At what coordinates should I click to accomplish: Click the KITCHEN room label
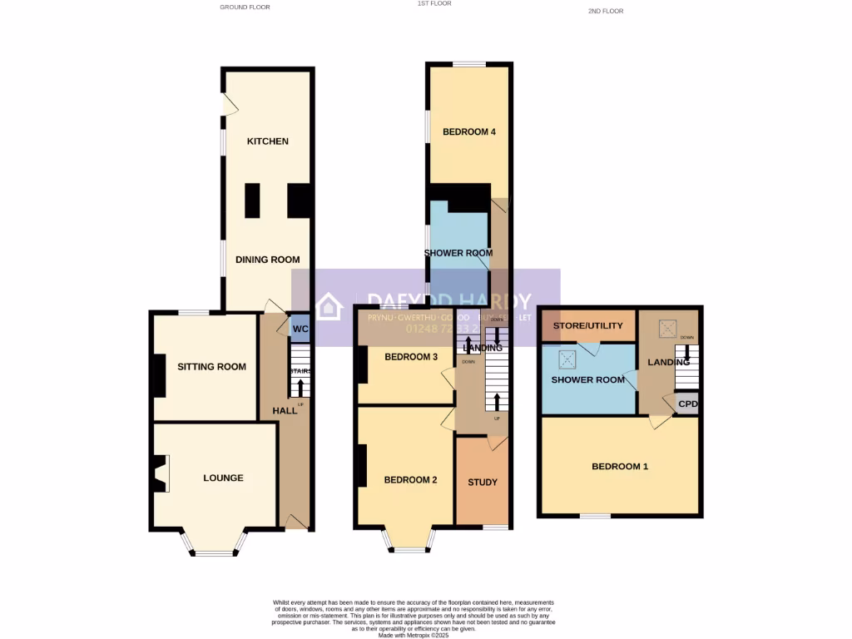click(x=267, y=141)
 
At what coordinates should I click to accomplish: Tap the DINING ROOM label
click(x=267, y=260)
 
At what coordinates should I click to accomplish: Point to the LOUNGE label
click(x=224, y=478)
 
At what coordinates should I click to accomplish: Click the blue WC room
click(x=299, y=328)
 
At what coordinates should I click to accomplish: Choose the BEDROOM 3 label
click(x=411, y=357)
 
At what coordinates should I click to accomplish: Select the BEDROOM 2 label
click(x=410, y=480)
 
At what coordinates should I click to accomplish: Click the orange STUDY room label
click(x=483, y=483)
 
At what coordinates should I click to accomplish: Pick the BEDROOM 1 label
click(x=620, y=467)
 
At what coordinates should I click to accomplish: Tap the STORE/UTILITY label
click(x=588, y=325)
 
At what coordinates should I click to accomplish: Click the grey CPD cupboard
click(x=688, y=404)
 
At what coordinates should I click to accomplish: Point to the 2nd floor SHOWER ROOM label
click(x=588, y=380)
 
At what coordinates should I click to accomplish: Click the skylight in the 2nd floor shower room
click(x=567, y=359)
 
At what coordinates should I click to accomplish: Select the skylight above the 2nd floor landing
click(x=668, y=329)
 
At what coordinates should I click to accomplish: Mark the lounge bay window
click(x=215, y=549)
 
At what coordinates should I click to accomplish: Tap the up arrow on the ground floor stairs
click(x=297, y=388)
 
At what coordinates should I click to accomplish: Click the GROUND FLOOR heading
click(x=245, y=7)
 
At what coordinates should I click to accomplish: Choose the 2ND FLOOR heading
click(x=605, y=11)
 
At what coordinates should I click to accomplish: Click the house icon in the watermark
click(x=329, y=305)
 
